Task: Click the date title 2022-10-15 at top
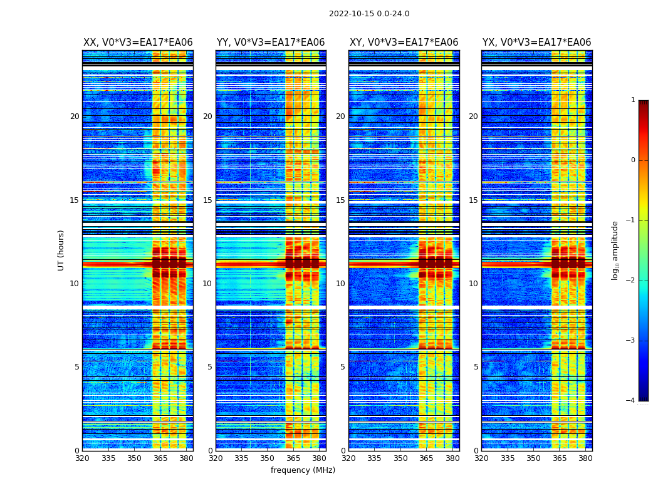tap(368, 14)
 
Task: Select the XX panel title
tap(138, 43)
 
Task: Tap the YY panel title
tap(271, 43)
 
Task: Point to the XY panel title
tap(404, 43)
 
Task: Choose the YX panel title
tap(536, 43)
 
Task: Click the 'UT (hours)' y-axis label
tap(61, 250)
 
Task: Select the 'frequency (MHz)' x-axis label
tap(303, 470)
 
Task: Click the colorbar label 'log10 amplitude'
tap(615, 250)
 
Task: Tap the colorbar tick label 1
tap(633, 100)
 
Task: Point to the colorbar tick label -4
tap(631, 401)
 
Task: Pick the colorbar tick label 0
tap(633, 160)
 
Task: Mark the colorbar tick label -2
tap(631, 281)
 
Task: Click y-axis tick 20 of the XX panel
tap(75, 116)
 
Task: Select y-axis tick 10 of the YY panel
tap(207, 284)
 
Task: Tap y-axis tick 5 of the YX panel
tap(476, 367)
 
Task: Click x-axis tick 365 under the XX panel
tap(160, 458)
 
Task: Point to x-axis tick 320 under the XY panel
tap(348, 458)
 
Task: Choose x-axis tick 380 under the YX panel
tap(585, 458)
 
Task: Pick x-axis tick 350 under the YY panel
tap(268, 458)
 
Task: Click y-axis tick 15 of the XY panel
tap(340, 200)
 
